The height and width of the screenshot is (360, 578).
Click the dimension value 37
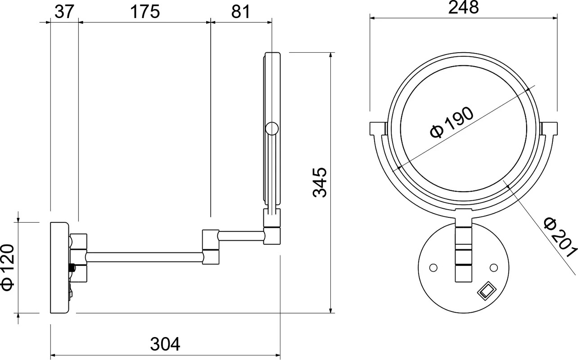point(64,12)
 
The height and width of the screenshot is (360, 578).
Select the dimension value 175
point(145,12)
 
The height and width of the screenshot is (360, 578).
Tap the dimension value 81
point(241,12)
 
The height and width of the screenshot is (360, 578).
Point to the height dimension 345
point(320,183)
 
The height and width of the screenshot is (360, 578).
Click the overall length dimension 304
point(165,344)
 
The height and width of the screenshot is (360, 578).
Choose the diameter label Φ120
point(8,267)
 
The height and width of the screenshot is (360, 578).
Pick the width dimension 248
point(463,8)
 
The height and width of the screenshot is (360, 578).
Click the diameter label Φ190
point(452,122)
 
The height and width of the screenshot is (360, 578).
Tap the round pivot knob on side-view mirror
point(272,128)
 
